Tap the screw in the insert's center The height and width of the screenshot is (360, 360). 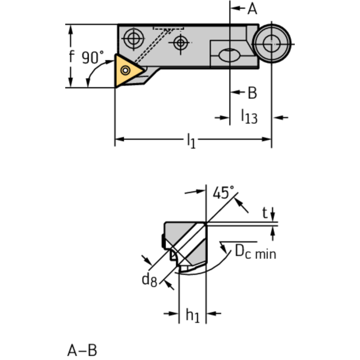125,70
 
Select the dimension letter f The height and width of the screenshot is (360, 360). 71,56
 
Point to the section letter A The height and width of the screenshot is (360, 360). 253,8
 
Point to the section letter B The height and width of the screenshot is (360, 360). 252,93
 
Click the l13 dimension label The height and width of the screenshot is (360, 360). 249,116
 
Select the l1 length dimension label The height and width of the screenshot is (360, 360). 191,140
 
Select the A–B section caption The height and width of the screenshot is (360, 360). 82,350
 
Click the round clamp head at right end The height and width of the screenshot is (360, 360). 271,44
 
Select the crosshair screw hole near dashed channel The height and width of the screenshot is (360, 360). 180,43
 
